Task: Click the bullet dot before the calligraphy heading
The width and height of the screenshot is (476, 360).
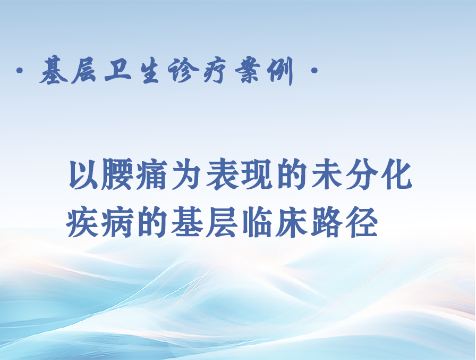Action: pyautogui.click(x=20, y=71)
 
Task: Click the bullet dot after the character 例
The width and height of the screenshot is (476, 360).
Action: pyautogui.click(x=314, y=71)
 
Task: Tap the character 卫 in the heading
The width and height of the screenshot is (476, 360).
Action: pyautogui.click(x=118, y=71)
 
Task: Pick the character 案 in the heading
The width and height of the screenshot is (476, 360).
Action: pyautogui.click(x=248, y=71)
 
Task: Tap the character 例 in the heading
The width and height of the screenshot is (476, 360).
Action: pyautogui.click(x=280, y=71)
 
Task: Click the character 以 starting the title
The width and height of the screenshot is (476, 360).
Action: pyautogui.click(x=83, y=175)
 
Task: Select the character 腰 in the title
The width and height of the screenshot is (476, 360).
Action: pyautogui.click(x=117, y=175)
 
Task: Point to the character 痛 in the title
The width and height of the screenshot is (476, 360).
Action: pyautogui.click(x=152, y=175)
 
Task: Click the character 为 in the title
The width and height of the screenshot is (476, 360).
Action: pyautogui.click(x=186, y=175)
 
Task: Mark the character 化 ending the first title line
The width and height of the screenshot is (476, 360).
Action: pyautogui.click(x=396, y=175)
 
